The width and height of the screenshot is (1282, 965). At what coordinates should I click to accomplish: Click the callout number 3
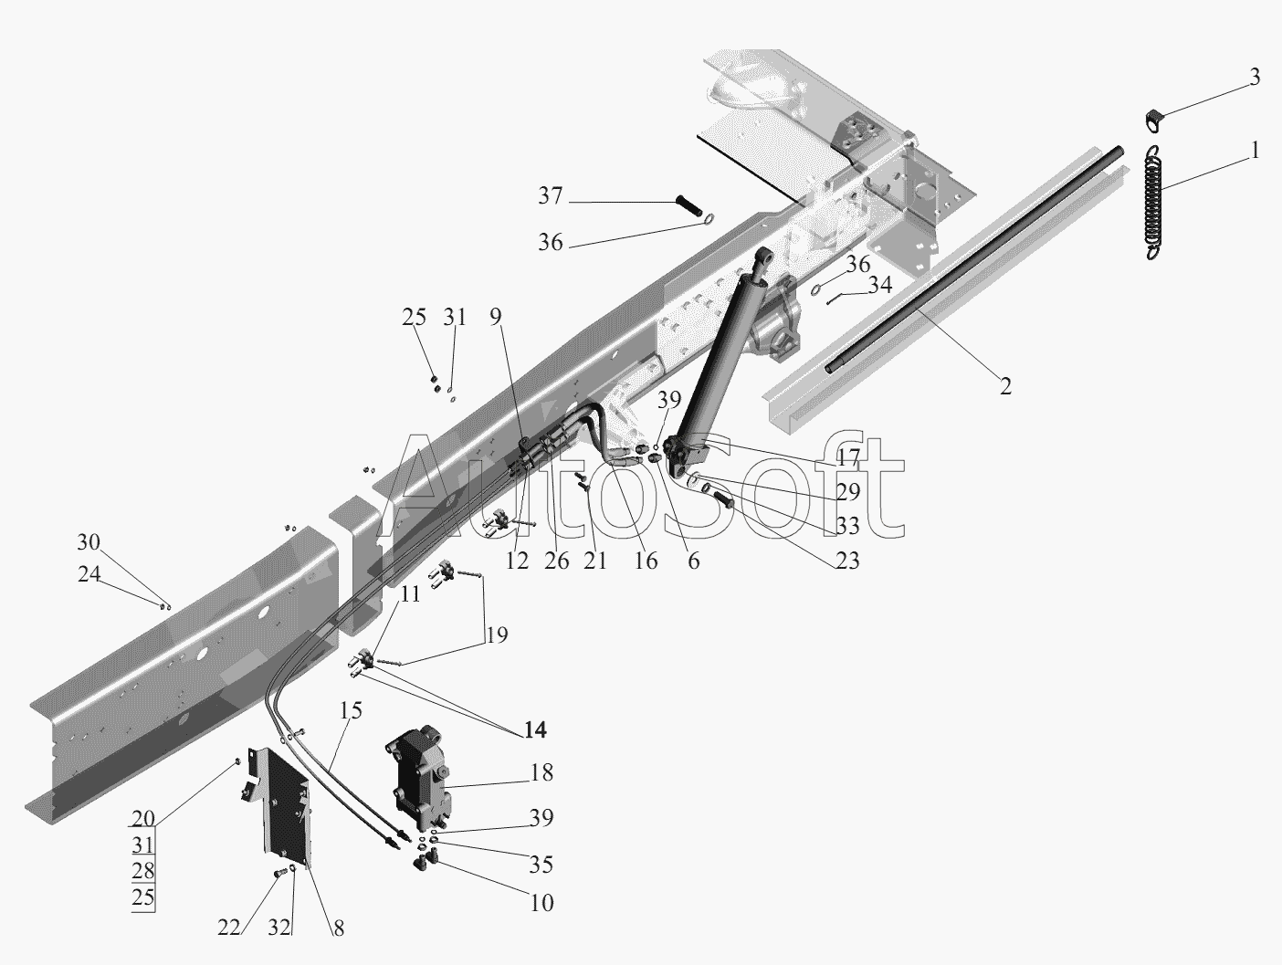(1255, 77)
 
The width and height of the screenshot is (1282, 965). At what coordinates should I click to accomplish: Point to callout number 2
(1004, 386)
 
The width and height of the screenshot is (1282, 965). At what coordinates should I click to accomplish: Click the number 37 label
(551, 195)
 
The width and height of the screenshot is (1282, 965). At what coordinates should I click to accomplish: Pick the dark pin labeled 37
(691, 206)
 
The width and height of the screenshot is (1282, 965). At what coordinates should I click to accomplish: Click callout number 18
(541, 773)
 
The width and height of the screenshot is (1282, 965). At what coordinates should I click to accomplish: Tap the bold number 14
(535, 729)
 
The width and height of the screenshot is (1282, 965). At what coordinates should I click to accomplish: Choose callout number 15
(351, 710)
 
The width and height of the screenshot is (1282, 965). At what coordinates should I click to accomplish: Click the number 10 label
(541, 903)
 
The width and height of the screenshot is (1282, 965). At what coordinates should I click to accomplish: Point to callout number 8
(339, 928)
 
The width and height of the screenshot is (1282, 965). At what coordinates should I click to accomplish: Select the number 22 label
(229, 928)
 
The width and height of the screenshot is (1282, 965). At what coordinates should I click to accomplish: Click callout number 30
(89, 542)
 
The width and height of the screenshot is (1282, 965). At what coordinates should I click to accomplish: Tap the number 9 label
(495, 317)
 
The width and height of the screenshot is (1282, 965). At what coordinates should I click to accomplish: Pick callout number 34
(880, 285)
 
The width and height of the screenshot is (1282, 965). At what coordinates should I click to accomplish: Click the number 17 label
(848, 457)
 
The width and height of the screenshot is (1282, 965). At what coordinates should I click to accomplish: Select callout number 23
(848, 561)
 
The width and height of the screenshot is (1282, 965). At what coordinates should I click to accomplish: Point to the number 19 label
(497, 635)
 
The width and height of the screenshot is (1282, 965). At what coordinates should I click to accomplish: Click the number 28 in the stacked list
(143, 870)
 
